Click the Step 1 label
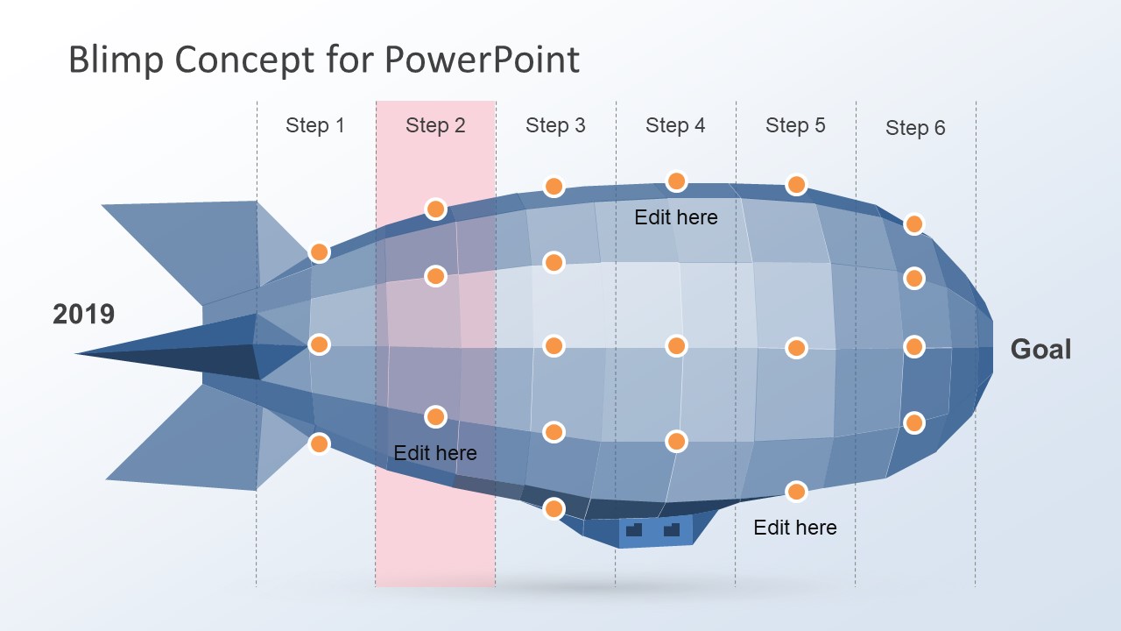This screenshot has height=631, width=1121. [314, 125]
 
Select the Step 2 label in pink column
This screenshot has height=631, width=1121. [435, 125]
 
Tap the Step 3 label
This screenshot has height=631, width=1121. [555, 125]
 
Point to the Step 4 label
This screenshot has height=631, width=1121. [675, 125]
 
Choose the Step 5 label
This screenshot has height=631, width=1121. [795, 125]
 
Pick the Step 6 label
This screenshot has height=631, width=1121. [915, 128]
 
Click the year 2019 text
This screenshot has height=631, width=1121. [83, 315]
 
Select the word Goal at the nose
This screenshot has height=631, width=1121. [1040, 349]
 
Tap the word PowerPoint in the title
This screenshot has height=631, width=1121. [482, 60]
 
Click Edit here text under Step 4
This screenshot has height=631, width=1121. [675, 217]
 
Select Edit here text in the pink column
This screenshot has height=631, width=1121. [435, 453]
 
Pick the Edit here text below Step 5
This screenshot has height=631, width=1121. [795, 528]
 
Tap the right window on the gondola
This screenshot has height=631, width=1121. [672, 528]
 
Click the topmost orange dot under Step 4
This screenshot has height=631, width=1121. [676, 181]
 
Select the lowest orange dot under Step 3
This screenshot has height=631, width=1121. [553, 508]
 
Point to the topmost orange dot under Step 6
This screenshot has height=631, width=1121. [913, 223]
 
